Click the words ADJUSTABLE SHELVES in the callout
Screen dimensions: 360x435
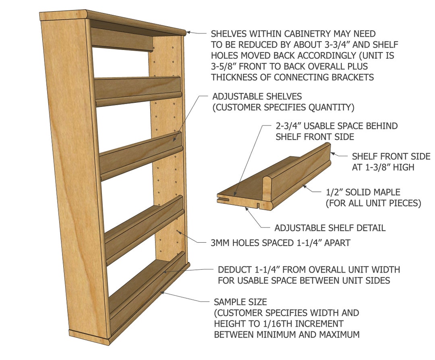point(257,97)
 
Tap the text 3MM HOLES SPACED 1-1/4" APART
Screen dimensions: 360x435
point(280,243)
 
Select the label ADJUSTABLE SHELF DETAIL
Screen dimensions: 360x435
point(330,228)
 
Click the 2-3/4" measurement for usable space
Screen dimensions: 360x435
point(290,126)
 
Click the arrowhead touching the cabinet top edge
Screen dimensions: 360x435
point(188,33)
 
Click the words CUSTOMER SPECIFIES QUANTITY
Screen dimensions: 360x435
point(283,108)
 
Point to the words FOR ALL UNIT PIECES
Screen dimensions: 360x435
point(373,204)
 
